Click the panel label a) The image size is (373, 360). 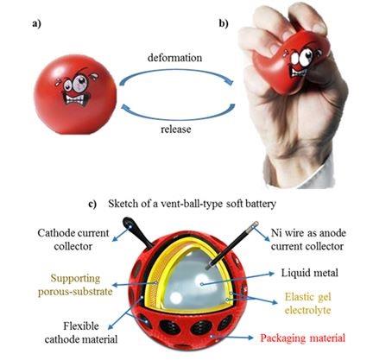(x=36, y=23)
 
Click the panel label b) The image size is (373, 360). (x=224, y=23)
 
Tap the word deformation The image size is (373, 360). (x=174, y=58)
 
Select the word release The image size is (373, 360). (x=176, y=129)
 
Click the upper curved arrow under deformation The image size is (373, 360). (x=175, y=71)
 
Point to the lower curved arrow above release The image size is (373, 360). (x=176, y=117)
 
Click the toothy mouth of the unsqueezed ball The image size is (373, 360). (x=76, y=99)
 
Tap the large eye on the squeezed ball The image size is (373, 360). (x=307, y=57)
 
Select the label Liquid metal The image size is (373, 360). (x=309, y=273)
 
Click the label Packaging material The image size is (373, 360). (x=302, y=338)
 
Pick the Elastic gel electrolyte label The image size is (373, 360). (x=308, y=303)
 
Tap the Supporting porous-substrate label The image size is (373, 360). (x=75, y=285)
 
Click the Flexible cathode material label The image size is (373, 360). (x=81, y=332)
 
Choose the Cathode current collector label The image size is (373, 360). (x=73, y=239)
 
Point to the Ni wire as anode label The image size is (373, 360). (x=308, y=233)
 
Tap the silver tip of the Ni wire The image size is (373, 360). (x=255, y=224)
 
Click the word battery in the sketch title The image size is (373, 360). (x=262, y=204)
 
